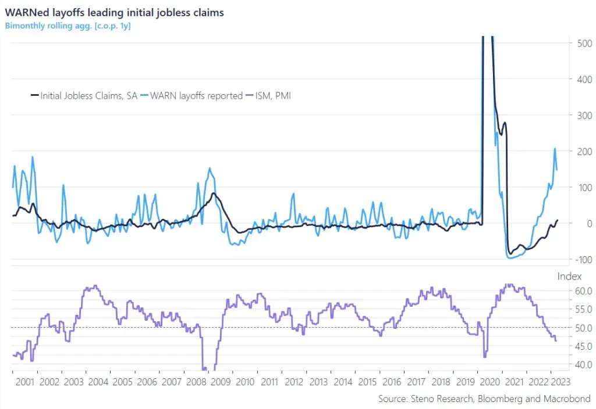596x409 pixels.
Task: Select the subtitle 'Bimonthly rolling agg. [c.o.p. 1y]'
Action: (x=68, y=26)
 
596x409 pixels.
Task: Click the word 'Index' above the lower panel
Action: (x=569, y=277)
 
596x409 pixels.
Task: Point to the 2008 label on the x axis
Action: (x=196, y=382)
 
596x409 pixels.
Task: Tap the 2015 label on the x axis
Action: (x=367, y=382)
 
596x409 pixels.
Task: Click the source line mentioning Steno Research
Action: (x=484, y=399)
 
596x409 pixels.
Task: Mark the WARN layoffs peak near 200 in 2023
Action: (x=555, y=149)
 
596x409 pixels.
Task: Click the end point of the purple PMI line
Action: (x=556, y=341)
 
